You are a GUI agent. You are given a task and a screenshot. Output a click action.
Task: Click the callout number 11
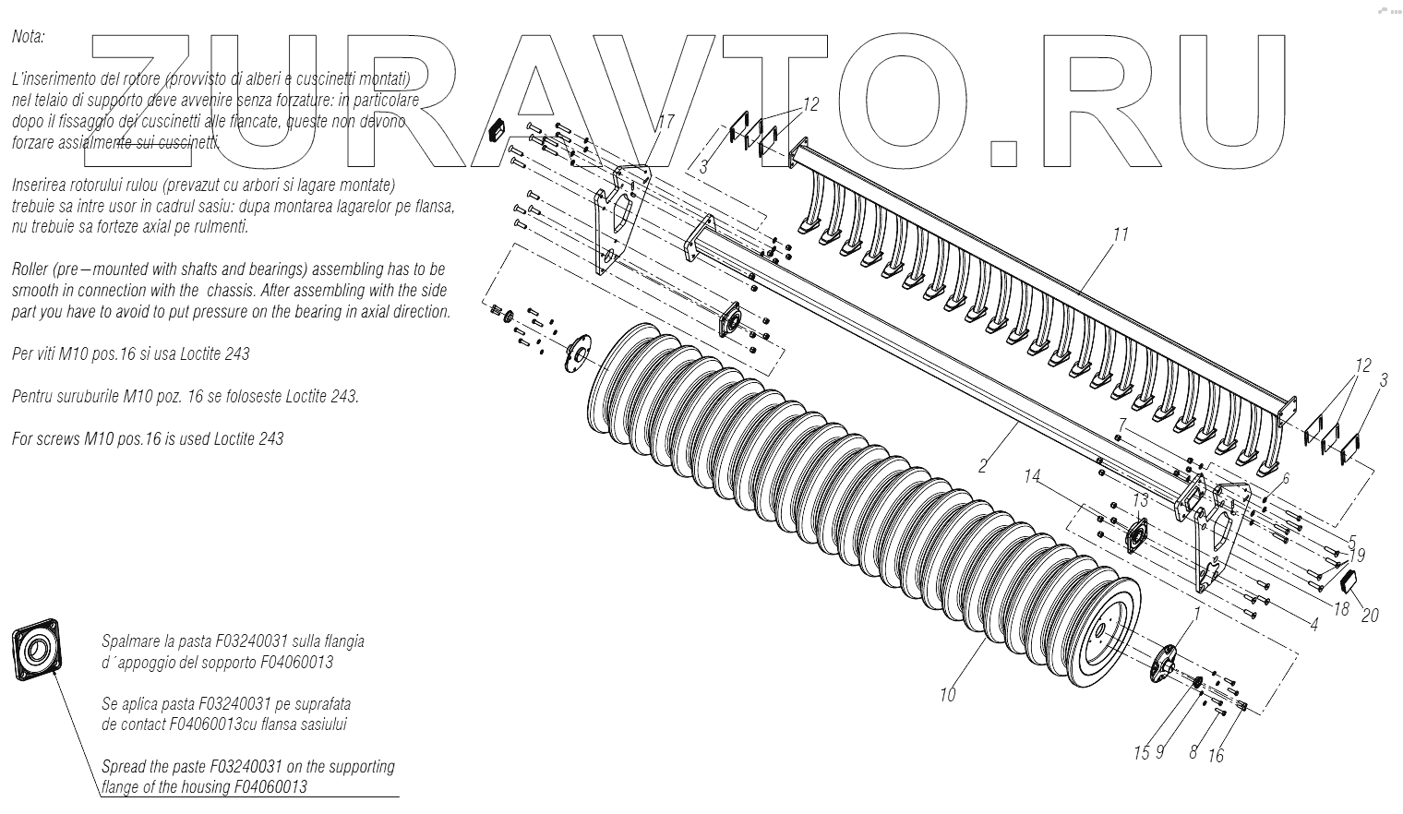pyautogui.click(x=1121, y=234)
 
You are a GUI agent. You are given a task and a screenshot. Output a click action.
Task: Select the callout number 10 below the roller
pyautogui.click(x=948, y=695)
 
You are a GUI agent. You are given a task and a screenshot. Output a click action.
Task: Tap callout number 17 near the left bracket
pyautogui.click(x=666, y=122)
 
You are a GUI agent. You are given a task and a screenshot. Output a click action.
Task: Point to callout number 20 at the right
pyautogui.click(x=1370, y=614)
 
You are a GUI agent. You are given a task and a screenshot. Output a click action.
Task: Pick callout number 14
pyautogui.click(x=1032, y=477)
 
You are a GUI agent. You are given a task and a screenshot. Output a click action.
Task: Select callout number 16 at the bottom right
pyautogui.click(x=1216, y=756)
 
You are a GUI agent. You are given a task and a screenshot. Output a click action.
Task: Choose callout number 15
pyautogui.click(x=1141, y=752)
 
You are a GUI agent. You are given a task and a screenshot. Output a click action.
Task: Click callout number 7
pyautogui.click(x=1121, y=425)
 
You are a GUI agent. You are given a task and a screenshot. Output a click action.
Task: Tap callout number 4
pyautogui.click(x=1313, y=624)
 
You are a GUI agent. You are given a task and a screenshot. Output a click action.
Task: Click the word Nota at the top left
pyautogui.click(x=29, y=38)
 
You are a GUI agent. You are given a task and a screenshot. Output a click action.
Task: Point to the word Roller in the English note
pyautogui.click(x=32, y=269)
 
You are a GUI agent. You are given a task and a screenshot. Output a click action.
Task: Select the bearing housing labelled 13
pyautogui.click(x=1135, y=535)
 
